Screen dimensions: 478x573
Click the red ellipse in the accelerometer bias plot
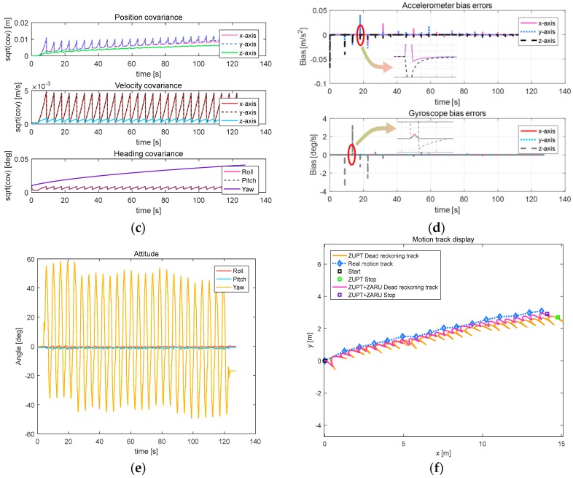tap(361, 39)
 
